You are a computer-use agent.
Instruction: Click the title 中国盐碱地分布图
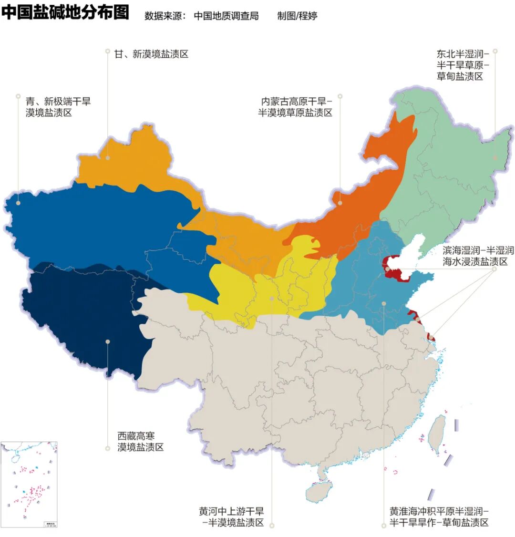coord(65,12)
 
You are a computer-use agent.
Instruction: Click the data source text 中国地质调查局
coord(226,16)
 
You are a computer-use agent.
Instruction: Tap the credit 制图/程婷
coord(297,16)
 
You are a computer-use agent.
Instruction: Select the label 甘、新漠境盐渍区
coord(151,54)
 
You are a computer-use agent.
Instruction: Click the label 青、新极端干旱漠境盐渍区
coord(58,107)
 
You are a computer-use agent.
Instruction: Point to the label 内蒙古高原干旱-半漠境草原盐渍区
coord(295,107)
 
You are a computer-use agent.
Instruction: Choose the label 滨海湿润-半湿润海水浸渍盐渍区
coord(478,256)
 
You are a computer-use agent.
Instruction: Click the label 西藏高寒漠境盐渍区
coord(141,442)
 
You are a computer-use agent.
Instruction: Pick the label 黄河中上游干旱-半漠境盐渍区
coord(232,517)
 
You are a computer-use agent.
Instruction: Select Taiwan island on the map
coord(436,434)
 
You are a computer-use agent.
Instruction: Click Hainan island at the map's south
coord(318,491)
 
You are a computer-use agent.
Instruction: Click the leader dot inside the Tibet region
coord(108,341)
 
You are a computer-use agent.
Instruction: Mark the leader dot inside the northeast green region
coord(495,157)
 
